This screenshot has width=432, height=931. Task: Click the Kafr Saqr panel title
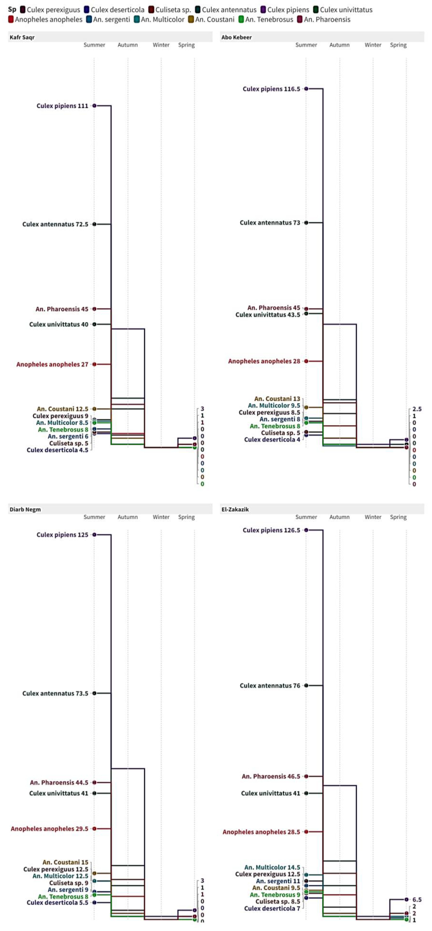(22, 37)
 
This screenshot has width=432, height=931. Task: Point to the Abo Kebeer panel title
(237, 37)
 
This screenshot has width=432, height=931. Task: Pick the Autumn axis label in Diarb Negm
(128, 517)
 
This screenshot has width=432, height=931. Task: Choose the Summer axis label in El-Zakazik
(306, 517)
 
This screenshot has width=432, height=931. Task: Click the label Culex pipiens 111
(62, 106)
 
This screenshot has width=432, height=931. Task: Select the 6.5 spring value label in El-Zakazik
(417, 900)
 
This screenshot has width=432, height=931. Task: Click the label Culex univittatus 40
(59, 324)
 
